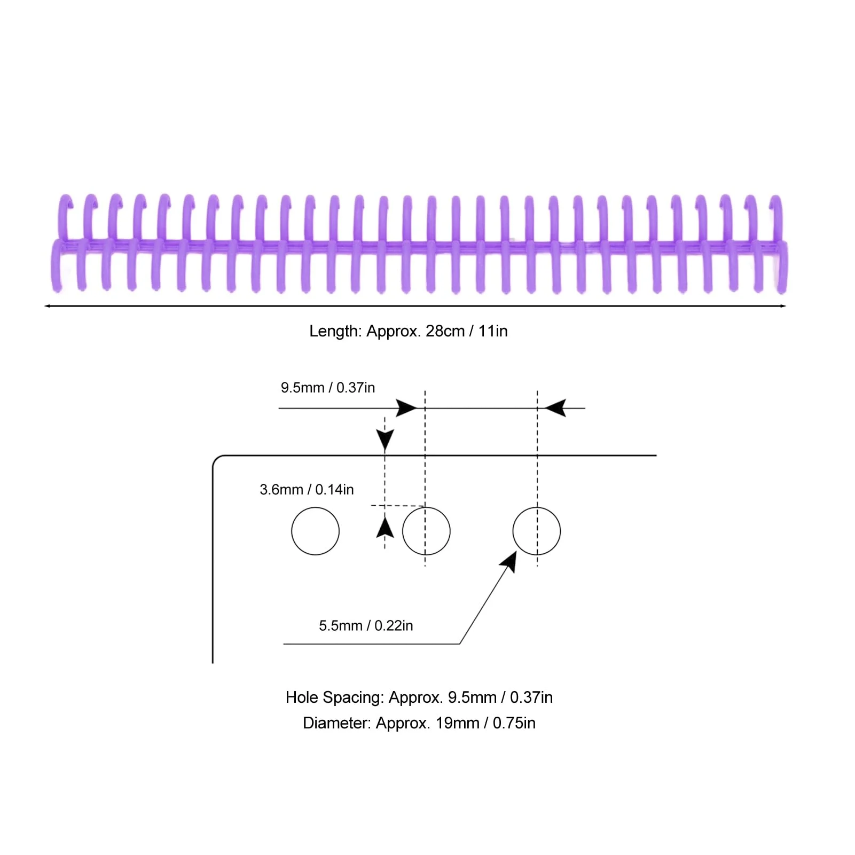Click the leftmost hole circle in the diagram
coord(315,531)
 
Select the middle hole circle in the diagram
coord(426,531)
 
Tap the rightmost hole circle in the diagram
coord(537,531)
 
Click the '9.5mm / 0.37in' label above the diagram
coord(327,388)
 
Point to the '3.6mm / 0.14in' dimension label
coord(307,490)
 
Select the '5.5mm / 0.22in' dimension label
coord(366,626)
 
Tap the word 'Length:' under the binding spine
coord(335,331)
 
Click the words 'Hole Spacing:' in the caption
coord(334,697)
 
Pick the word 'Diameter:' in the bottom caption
coord(336,723)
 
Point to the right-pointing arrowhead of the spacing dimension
coord(407,409)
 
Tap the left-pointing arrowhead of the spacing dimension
coord(555,409)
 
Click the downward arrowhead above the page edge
coord(385,440)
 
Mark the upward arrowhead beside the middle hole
coord(385,528)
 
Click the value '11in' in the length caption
coord(493,331)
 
